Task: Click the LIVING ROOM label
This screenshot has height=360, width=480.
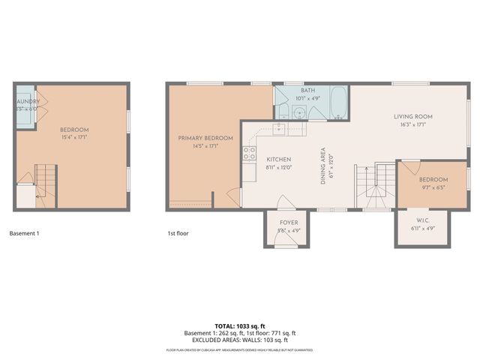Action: pos(413,116)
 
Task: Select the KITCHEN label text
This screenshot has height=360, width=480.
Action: pos(278,160)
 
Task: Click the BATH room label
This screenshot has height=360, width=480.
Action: pos(308,90)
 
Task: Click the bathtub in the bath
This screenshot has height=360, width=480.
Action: pos(337,104)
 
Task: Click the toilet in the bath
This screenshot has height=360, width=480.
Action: pos(283,112)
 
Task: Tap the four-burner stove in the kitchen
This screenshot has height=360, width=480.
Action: pos(248,154)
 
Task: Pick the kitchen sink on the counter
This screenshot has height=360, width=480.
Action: pos(278,129)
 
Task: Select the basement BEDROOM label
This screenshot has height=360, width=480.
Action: pos(74,129)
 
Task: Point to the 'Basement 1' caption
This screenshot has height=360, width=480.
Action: pos(24,233)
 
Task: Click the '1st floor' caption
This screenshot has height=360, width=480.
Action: pos(178,233)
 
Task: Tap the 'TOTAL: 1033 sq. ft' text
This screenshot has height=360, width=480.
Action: pos(240,325)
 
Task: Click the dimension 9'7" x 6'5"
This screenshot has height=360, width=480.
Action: pos(433,187)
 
